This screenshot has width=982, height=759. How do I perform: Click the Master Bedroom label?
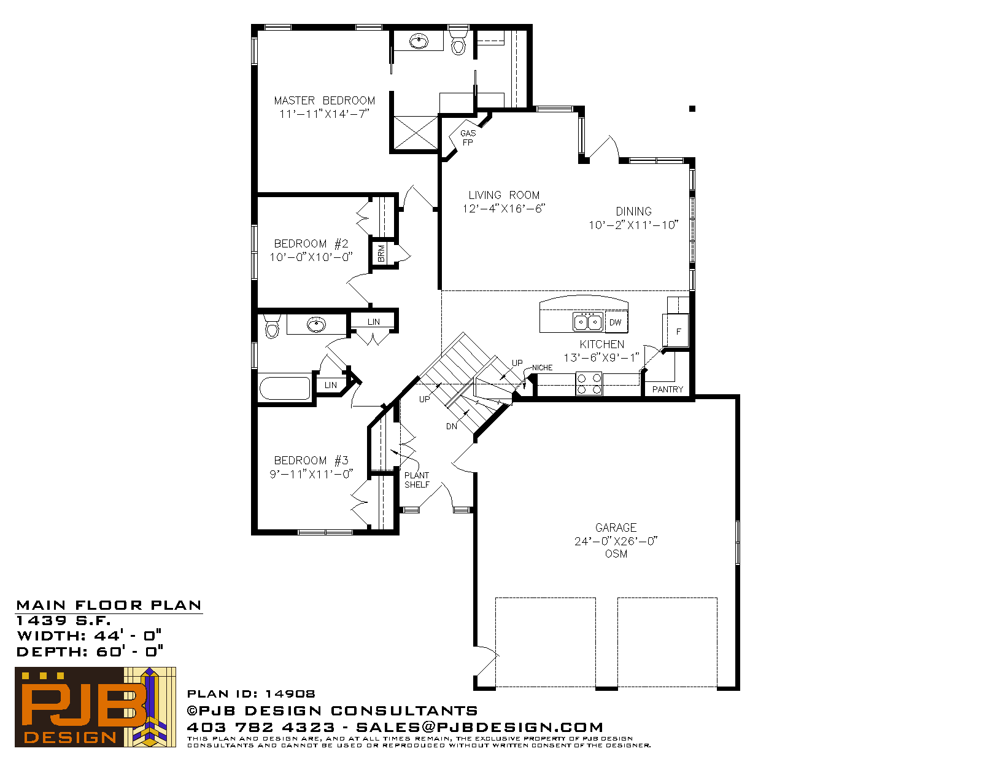coord(324,100)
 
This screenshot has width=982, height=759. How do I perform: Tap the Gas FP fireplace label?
coord(468,138)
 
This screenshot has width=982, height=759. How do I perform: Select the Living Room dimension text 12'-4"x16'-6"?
coord(503,208)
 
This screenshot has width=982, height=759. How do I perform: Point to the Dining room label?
coord(633,211)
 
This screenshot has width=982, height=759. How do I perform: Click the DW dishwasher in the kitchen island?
coord(616,322)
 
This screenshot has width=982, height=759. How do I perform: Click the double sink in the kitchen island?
coord(587,322)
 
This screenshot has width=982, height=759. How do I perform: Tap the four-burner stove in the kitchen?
coord(589,383)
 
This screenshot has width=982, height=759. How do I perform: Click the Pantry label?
coord(668,389)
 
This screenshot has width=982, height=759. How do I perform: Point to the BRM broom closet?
coord(381,254)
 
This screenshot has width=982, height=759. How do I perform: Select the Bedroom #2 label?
coord(311,244)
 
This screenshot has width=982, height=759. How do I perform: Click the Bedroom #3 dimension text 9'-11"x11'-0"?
coord(311,473)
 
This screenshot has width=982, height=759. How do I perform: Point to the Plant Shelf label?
coord(417,480)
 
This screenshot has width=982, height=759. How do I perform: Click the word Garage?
coord(616,527)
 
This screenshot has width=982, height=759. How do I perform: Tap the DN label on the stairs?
coord(452,426)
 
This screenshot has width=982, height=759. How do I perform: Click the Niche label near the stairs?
coord(542,367)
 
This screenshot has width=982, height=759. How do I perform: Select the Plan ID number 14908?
coord(290,694)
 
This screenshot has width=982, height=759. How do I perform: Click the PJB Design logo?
coord(95,707)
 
